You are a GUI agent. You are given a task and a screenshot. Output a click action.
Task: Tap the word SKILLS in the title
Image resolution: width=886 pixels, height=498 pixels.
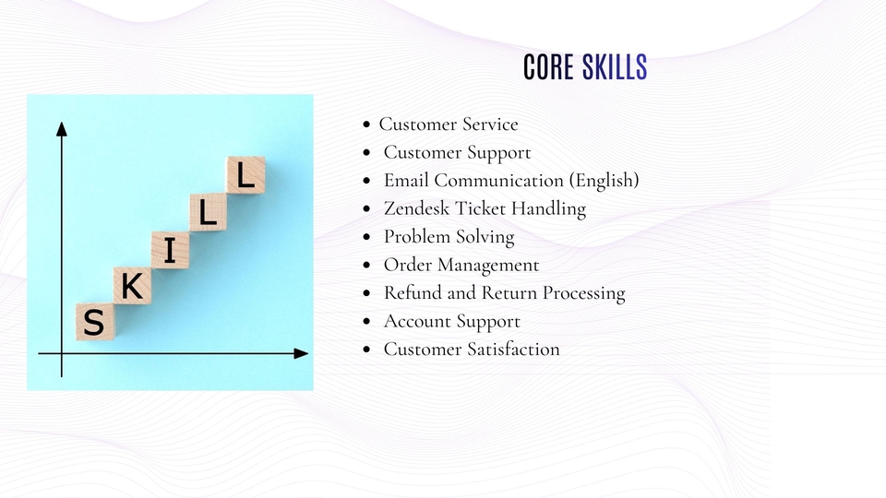pos(615,66)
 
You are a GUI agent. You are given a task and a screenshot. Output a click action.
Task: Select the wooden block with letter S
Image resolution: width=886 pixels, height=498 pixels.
pos(95,322)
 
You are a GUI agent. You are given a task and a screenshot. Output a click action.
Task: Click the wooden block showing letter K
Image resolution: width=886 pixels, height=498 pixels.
pos(132,286)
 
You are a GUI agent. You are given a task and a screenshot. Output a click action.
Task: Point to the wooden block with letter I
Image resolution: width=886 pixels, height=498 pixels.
pos(170,250)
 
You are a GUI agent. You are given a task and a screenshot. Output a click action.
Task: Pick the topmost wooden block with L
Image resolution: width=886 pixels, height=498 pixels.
pos(245,175)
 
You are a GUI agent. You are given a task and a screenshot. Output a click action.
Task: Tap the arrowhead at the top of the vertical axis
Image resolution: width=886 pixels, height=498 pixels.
pos(62,129)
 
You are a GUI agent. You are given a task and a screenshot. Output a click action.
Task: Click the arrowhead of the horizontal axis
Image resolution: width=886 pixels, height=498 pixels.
pos(301,353)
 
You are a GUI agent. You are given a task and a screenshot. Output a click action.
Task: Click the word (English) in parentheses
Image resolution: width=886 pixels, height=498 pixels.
pos(604,181)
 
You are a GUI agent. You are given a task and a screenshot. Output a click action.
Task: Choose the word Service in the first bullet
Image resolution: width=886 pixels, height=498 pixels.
pos(490,125)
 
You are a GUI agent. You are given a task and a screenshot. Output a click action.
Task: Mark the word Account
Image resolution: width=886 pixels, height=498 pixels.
pos(416,321)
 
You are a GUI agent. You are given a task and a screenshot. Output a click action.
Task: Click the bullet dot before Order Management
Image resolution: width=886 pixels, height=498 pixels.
pos(366,265)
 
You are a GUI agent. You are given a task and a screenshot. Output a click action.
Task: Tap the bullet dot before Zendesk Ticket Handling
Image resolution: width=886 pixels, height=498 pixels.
pos(366,209)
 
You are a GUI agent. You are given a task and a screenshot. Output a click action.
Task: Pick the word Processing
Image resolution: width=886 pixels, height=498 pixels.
pos(583,293)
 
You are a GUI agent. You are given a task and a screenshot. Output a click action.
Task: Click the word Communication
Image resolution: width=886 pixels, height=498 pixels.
pos(499,180)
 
